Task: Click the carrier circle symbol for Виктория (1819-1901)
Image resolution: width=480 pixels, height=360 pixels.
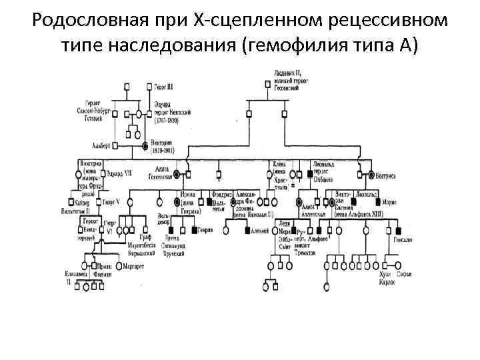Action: [x=145, y=145]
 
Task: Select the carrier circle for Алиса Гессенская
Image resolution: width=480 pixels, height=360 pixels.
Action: [x=177, y=175]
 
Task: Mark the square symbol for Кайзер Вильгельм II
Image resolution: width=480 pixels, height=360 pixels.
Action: [x=71, y=201]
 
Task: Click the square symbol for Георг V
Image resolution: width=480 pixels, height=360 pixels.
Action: [x=100, y=201]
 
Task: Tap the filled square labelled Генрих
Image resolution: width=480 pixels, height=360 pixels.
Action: [x=193, y=230]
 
